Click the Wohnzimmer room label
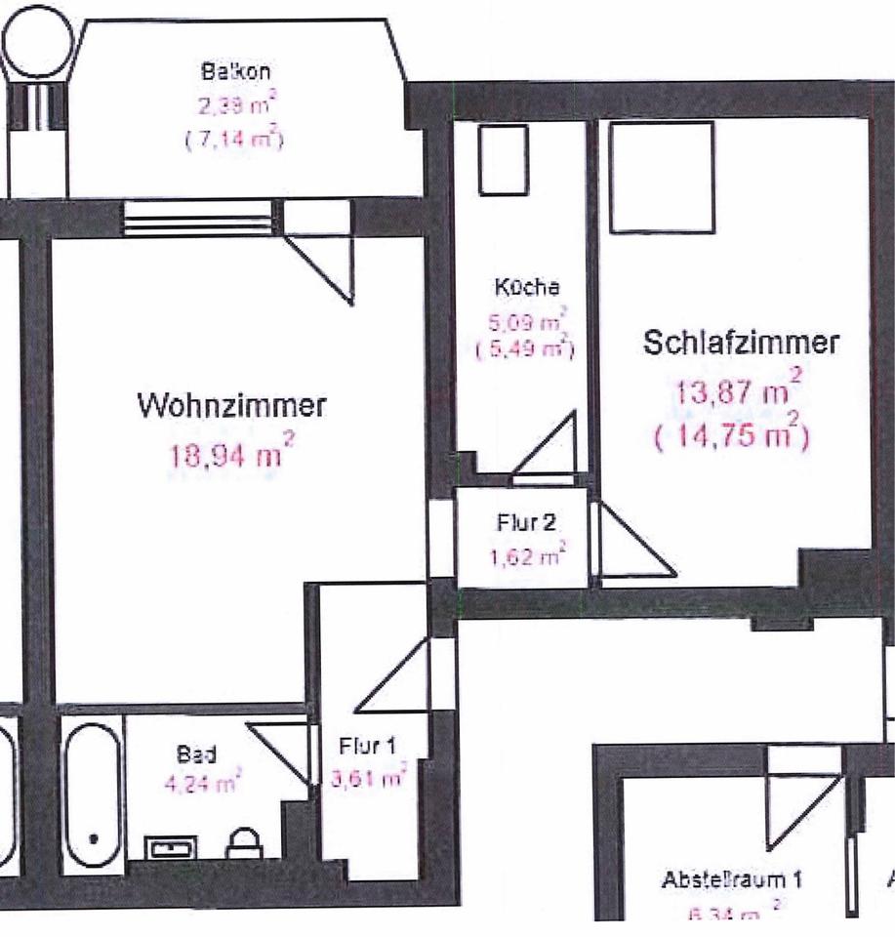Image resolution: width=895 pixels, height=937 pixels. (x=232, y=404)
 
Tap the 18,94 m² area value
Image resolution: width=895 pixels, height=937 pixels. (x=231, y=455)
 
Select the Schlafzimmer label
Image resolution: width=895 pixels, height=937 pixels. (x=742, y=343)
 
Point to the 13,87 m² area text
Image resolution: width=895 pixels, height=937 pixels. (x=739, y=392)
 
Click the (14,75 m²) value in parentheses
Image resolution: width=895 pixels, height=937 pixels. (x=732, y=432)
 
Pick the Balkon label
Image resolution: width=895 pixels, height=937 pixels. (x=235, y=71)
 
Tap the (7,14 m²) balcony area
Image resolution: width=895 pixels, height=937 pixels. (x=234, y=141)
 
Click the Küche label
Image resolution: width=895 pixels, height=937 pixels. (x=527, y=288)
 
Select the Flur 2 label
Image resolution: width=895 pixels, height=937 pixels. (x=526, y=522)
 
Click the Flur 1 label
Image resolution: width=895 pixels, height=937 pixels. (x=367, y=747)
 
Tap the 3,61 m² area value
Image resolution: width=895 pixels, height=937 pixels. (x=369, y=778)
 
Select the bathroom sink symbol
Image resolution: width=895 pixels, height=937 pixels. (x=173, y=848)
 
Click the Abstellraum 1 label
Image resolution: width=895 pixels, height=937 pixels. (x=731, y=879)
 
